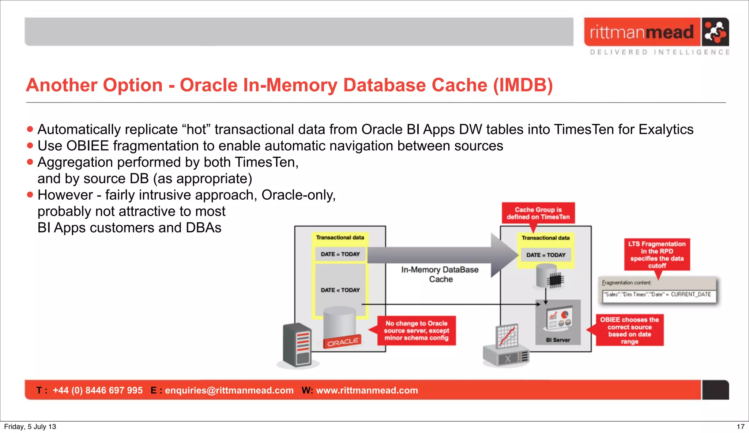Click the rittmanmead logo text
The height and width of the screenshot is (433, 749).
[x=641, y=32]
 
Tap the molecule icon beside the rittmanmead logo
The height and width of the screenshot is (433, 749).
[x=715, y=32]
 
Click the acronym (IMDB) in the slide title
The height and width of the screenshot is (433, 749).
[x=523, y=85]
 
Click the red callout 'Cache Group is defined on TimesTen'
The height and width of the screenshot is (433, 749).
[x=538, y=213]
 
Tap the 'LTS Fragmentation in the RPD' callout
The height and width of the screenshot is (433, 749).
[x=657, y=255]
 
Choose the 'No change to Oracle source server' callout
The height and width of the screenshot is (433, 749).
[x=417, y=331]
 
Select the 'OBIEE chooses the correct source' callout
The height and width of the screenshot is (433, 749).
[x=629, y=330]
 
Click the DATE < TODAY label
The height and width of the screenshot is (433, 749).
[x=340, y=290]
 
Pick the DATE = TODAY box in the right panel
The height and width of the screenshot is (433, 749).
[x=546, y=255]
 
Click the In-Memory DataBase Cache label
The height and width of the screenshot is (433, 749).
[x=440, y=274]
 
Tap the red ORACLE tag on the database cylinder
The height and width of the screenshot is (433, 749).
[x=342, y=342]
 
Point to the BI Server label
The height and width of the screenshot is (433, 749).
[x=558, y=340]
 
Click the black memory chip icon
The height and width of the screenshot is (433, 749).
[x=555, y=280]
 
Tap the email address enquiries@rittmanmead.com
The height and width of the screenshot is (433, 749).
[x=229, y=390]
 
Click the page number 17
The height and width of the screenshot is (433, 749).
[x=740, y=426]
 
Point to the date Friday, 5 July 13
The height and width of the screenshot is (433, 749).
[x=30, y=426]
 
